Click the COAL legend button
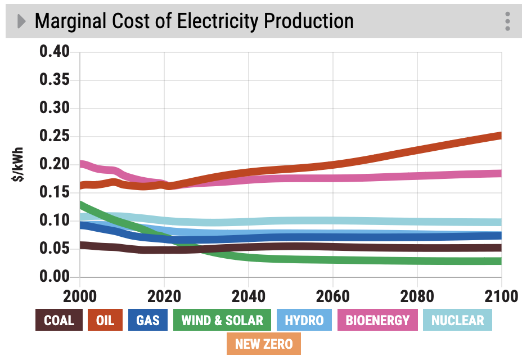point(59,321)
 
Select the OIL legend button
point(105,321)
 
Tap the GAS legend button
point(148,321)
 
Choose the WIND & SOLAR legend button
point(222,321)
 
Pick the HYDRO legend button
point(304,321)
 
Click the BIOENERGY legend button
point(377,321)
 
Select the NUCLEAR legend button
point(457,321)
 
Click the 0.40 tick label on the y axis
point(55,52)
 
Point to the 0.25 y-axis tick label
point(55,136)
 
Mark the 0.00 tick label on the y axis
point(55,277)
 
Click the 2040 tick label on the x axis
point(248,296)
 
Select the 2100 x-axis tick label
point(500,296)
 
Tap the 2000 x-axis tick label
point(80,296)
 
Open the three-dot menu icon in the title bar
point(507,21)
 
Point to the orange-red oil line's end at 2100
point(499,136)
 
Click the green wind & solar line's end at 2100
point(499,261)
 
